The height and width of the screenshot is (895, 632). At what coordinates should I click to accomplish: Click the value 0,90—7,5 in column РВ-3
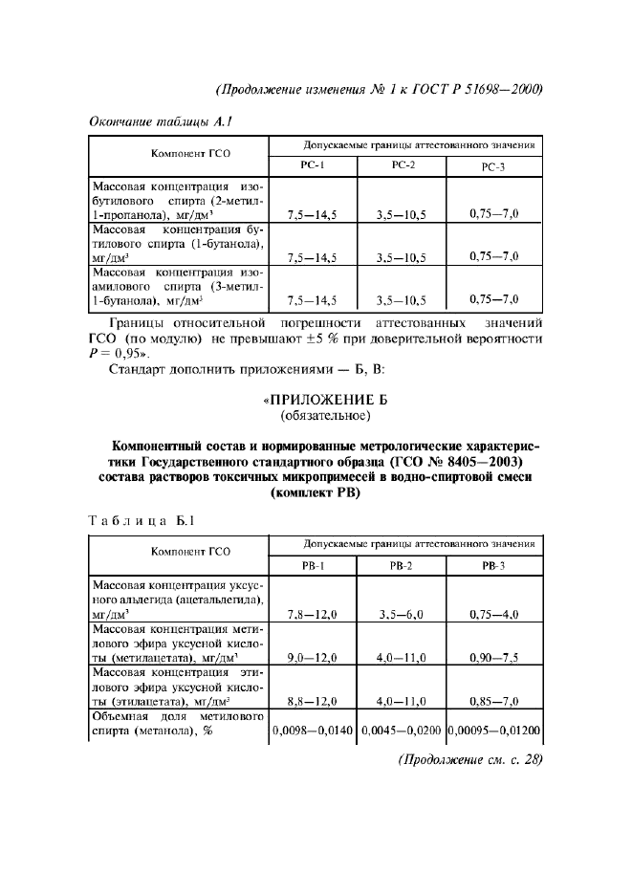[494, 658]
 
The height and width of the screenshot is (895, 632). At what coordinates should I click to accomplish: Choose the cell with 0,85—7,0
[494, 701]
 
